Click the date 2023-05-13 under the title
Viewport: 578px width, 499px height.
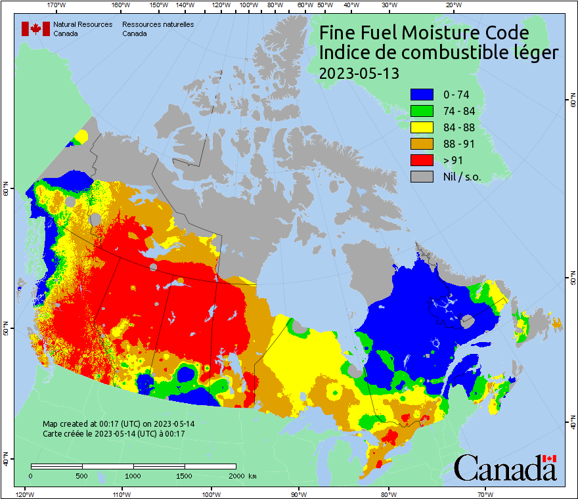359,73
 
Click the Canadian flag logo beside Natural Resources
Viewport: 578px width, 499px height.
35,29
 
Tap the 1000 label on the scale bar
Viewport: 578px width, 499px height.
133,475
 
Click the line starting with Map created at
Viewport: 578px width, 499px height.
118,423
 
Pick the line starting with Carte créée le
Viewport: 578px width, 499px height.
113,433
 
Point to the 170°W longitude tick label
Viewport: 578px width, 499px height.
57,5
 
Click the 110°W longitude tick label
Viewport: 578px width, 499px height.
120,494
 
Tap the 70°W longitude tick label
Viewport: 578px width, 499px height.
485,494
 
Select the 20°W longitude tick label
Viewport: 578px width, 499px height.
452,5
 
